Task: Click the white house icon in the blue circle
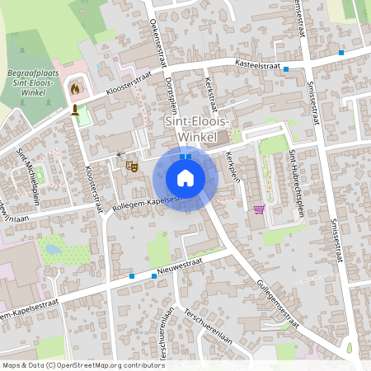point(185,178)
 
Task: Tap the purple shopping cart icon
point(259,209)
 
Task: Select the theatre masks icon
point(130,166)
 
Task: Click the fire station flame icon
point(76,87)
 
